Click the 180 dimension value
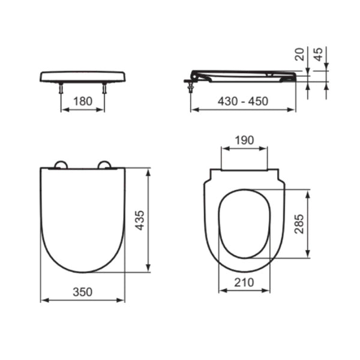(x=83, y=101)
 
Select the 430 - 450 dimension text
(x=243, y=101)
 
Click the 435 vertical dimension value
(x=139, y=220)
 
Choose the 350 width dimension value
(x=82, y=292)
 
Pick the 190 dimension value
(x=244, y=140)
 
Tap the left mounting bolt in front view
(x=61, y=88)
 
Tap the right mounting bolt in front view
(x=104, y=88)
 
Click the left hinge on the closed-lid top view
(x=61, y=164)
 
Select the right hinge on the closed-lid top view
(x=104, y=164)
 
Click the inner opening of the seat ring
(x=244, y=223)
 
